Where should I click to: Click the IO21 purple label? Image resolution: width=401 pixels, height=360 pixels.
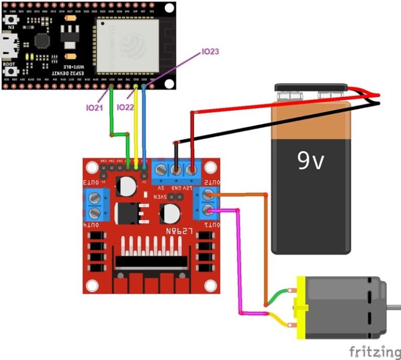95,107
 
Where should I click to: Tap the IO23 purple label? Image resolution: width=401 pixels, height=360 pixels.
210,52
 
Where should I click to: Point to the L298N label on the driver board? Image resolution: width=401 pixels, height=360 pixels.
180,230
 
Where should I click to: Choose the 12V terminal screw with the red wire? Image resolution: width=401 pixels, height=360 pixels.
193,170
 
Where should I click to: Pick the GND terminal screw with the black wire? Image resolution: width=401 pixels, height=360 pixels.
177,170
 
